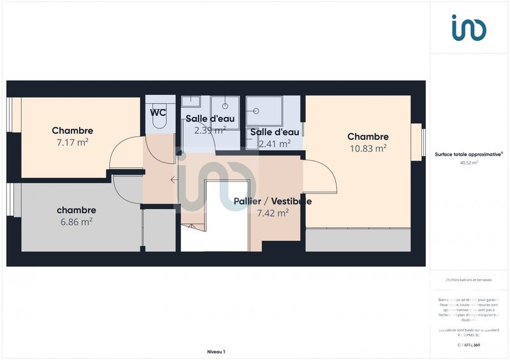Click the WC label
click(x=157, y=113)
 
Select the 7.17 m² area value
click(x=72, y=143)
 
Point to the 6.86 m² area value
click(x=76, y=222)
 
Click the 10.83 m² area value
click(x=368, y=148)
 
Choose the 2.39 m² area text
click(x=210, y=130)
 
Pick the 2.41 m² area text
click(x=274, y=144)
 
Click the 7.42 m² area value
click(x=273, y=213)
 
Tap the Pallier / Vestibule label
click(x=272, y=201)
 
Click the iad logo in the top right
click(x=469, y=27)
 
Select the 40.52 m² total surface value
click(x=469, y=162)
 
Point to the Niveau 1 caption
click(x=216, y=352)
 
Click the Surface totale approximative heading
click(x=469, y=154)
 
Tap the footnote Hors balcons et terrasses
click(x=469, y=280)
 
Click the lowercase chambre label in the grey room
click(x=76, y=210)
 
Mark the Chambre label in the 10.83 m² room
click(x=368, y=136)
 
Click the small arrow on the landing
click(x=174, y=180)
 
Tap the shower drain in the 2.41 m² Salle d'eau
click(x=256, y=110)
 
